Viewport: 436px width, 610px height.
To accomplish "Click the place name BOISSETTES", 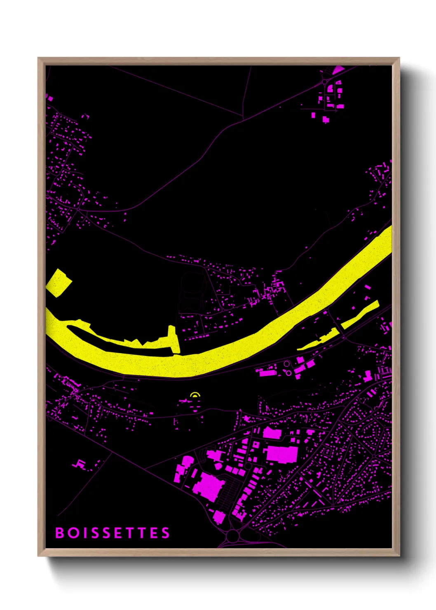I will tap(113, 533).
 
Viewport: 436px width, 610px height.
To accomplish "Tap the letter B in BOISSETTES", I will tap(60, 533).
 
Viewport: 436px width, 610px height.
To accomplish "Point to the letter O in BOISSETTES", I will tap(74, 533).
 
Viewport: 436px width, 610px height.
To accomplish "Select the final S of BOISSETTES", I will tap(165, 533).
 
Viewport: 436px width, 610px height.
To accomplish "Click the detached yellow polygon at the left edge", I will tap(59, 283).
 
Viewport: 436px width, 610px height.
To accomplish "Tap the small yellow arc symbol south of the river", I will tap(195, 395).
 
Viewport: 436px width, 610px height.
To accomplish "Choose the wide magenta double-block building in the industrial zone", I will tap(282, 453).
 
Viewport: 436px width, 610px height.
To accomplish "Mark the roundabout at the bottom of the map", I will tap(233, 536).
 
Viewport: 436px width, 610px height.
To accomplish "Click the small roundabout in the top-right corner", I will tap(325, 82).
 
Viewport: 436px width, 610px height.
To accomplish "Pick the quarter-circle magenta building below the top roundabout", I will tap(330, 88).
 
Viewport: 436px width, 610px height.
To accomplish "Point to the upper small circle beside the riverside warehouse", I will tap(286, 364).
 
